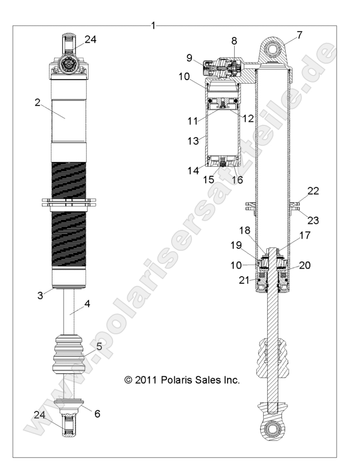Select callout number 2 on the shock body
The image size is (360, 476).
(37, 102)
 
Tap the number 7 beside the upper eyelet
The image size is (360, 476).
(299, 35)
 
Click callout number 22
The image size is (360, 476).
(313, 191)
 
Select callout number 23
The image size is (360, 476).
(313, 221)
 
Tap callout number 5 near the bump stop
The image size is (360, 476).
(99, 347)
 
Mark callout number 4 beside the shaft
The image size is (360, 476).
(87, 304)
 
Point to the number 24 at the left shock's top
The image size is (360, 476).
(90, 39)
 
